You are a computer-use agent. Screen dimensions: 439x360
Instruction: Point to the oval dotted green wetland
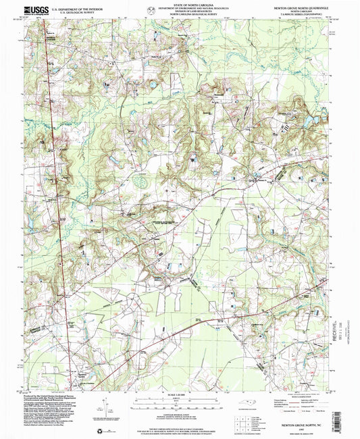pos(142,180)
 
